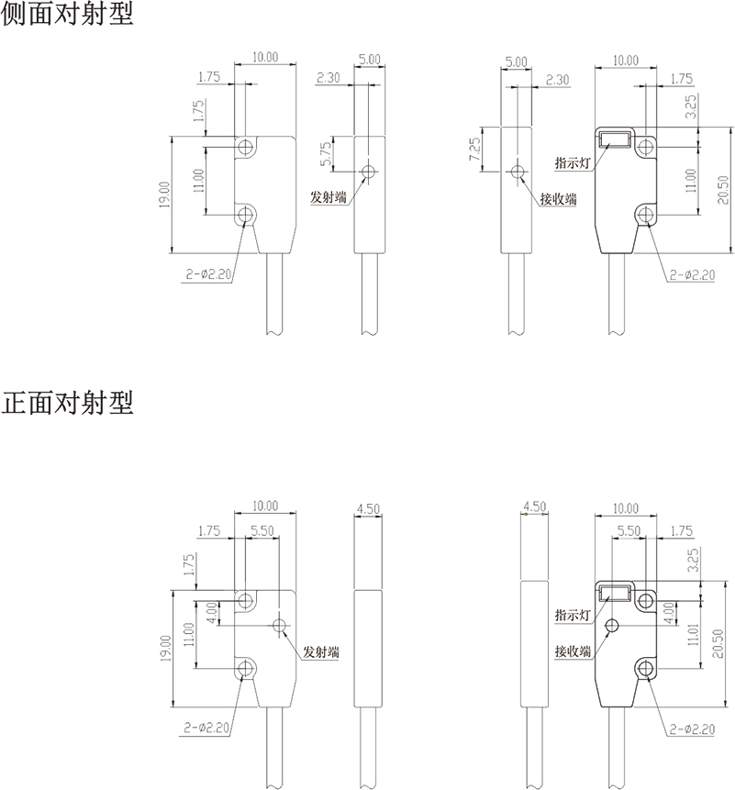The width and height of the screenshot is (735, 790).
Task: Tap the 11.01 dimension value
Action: [x=691, y=633]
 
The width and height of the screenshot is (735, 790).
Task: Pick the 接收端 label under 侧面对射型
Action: [x=558, y=199]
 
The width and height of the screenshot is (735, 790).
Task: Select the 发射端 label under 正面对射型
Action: [x=321, y=651]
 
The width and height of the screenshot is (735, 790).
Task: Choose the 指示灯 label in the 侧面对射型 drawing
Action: [x=572, y=162]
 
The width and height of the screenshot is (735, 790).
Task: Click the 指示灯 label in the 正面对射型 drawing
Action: [x=572, y=614]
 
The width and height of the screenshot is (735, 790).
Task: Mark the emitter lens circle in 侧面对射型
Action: [x=369, y=172]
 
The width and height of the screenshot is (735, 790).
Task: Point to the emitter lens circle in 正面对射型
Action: [x=280, y=626]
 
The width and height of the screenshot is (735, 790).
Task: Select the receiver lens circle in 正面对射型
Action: [x=612, y=626]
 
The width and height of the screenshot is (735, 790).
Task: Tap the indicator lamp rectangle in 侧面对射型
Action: [x=613, y=140]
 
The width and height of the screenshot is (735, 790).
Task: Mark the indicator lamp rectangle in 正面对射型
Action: [x=613, y=594]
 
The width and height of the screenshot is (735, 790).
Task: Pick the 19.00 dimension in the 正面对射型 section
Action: [x=163, y=649]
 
